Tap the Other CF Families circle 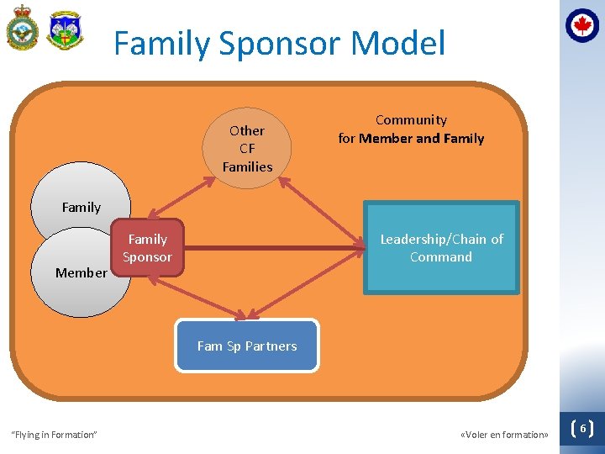(247, 148)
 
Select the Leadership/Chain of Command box (441, 248)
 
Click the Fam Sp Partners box (247, 346)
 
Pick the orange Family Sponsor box (147, 248)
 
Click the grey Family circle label (81, 207)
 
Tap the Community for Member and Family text (411, 129)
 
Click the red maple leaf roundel (582, 25)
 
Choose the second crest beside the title (65, 31)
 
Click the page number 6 (582, 429)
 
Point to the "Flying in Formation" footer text (54, 435)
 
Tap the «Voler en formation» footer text (504, 435)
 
